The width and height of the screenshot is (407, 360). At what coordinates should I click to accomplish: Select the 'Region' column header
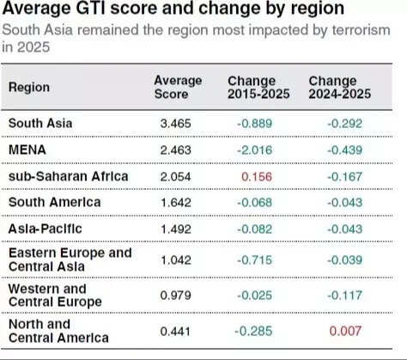29,87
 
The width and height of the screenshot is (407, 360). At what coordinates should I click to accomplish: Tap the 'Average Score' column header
178,87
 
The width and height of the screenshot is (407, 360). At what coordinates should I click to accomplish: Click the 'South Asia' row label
40,123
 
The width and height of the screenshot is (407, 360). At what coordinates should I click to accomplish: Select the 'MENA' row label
26,149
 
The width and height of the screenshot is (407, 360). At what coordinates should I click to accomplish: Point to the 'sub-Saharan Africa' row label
68,176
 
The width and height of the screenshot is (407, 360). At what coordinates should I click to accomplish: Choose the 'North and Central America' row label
58,331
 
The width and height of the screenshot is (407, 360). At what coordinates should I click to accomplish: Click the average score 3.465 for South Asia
177,124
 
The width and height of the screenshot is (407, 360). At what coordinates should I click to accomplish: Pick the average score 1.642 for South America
177,204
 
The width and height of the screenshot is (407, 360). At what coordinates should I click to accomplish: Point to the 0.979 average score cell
177,296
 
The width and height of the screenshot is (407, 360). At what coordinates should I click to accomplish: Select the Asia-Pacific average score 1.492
177,229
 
